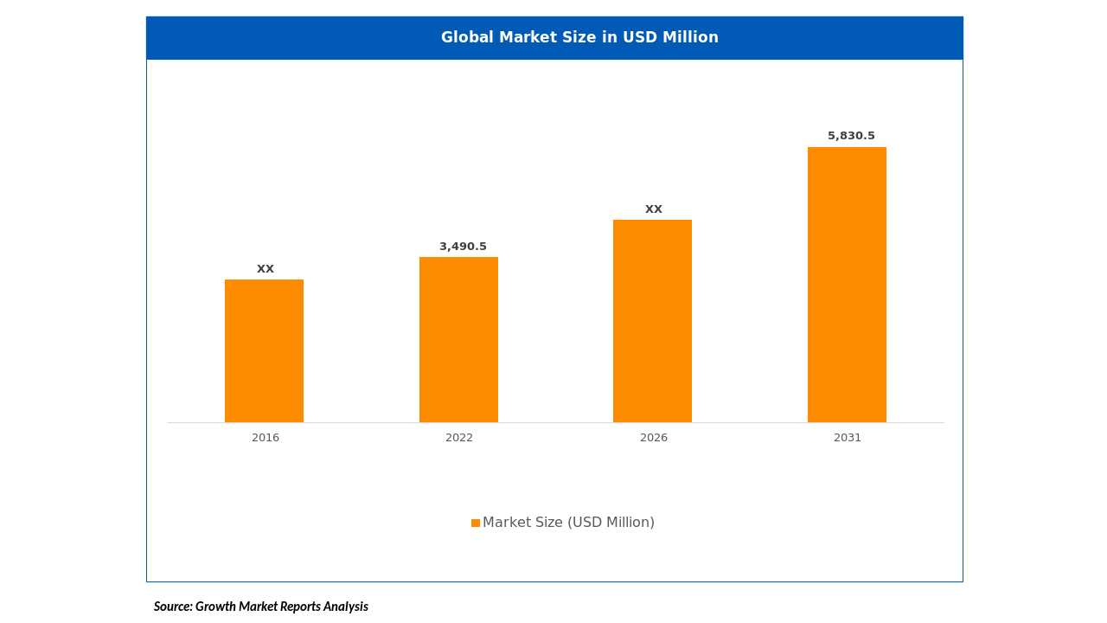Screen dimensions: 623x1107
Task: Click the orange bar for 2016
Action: click(x=264, y=350)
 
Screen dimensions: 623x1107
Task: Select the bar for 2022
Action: click(x=458, y=339)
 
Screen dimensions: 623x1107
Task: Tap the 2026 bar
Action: click(x=652, y=321)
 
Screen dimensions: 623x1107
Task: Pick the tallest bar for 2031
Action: click(x=847, y=285)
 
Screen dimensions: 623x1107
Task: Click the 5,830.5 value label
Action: click(x=851, y=136)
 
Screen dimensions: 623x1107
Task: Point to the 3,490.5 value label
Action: click(x=463, y=247)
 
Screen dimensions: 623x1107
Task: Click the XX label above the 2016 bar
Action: click(x=266, y=269)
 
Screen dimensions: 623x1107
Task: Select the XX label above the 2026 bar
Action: click(x=654, y=209)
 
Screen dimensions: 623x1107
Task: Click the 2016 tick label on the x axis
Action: click(x=266, y=438)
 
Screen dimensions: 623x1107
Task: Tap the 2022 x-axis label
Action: click(x=459, y=438)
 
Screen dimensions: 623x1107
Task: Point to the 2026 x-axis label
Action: click(x=654, y=438)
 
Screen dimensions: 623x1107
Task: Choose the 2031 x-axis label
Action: click(x=848, y=438)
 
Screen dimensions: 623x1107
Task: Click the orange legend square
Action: click(x=476, y=523)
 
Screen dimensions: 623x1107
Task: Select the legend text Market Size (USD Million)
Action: click(x=568, y=523)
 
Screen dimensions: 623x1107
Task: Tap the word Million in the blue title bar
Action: click(x=691, y=37)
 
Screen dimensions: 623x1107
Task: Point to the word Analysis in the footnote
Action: click(x=346, y=607)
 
